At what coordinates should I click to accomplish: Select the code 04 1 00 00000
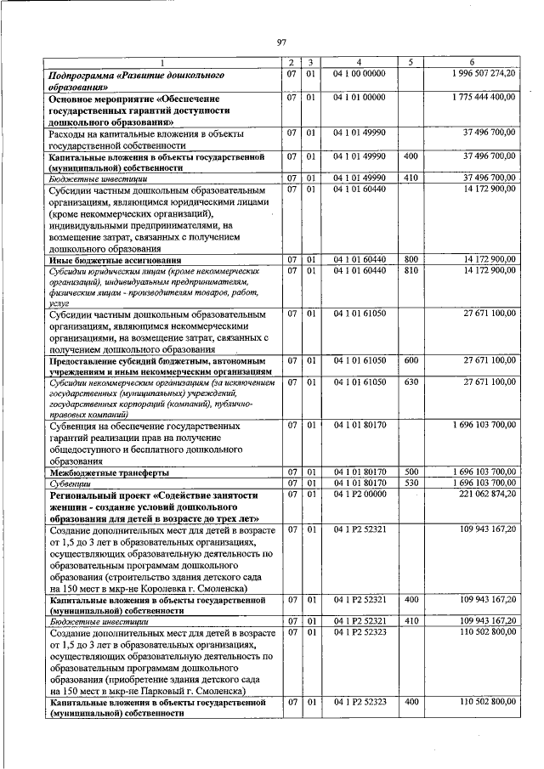coord(360,75)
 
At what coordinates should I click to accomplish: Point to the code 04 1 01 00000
coord(360,98)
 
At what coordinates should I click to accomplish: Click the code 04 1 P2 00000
coord(360,494)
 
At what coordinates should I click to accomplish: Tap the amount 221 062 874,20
coord(487,494)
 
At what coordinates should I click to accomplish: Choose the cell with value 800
coord(411,259)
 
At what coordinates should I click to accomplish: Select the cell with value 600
coord(411,360)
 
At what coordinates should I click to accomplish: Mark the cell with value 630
coord(411,382)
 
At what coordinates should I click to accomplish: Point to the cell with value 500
coord(411,472)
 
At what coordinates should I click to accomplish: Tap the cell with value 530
coord(411,483)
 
